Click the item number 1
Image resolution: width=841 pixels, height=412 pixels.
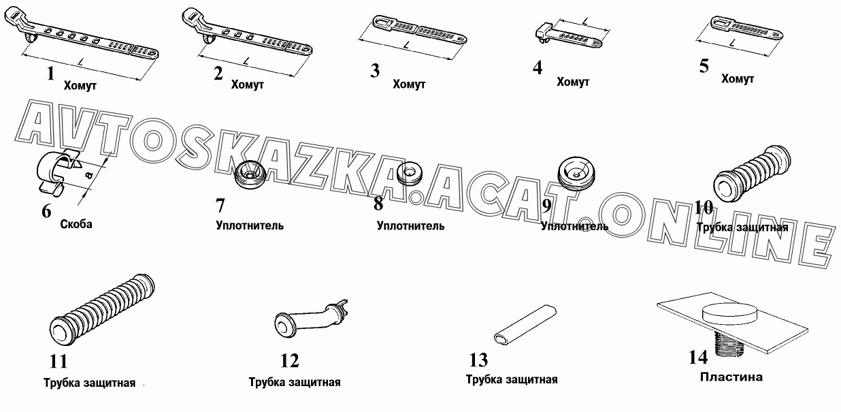click(50, 74)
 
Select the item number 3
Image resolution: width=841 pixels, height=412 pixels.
click(375, 71)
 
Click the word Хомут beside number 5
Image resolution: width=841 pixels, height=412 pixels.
click(738, 79)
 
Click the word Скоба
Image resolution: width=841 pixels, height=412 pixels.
click(76, 224)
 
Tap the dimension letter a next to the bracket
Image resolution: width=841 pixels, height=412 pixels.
click(88, 175)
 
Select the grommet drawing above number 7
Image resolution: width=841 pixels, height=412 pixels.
click(250, 175)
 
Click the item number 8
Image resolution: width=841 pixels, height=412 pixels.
click(378, 204)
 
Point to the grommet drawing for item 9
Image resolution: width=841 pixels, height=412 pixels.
click(576, 173)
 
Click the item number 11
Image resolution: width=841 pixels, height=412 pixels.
click(59, 362)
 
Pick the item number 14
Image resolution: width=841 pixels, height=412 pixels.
click(698, 357)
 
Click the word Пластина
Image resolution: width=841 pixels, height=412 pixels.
click(731, 377)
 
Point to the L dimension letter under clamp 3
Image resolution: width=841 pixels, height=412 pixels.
click(406, 46)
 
